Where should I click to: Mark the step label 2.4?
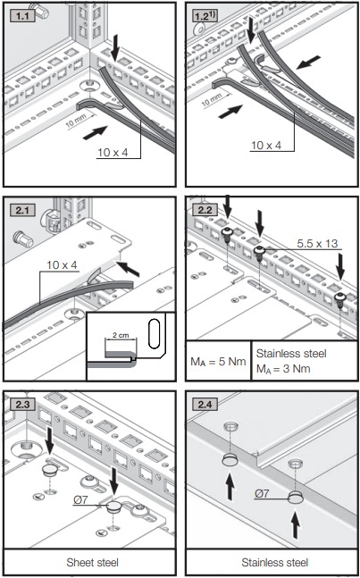tap(205, 403)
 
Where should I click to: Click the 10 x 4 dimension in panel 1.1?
tap(112, 152)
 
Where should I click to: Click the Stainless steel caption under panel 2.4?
tap(272, 564)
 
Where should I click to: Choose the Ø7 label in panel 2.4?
tap(264, 492)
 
